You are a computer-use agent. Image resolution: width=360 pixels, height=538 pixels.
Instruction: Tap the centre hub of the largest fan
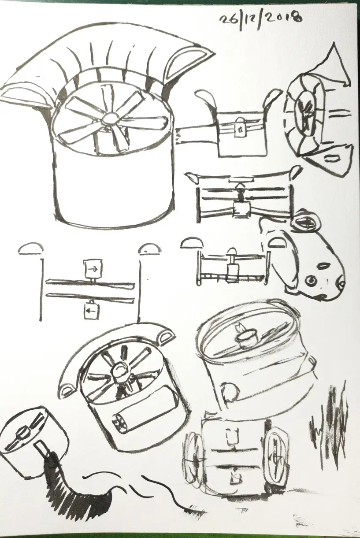point(110,118)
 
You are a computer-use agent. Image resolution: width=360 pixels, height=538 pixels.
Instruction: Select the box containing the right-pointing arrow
point(93,267)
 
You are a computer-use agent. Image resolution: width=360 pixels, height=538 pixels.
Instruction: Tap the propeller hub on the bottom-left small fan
point(21,436)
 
